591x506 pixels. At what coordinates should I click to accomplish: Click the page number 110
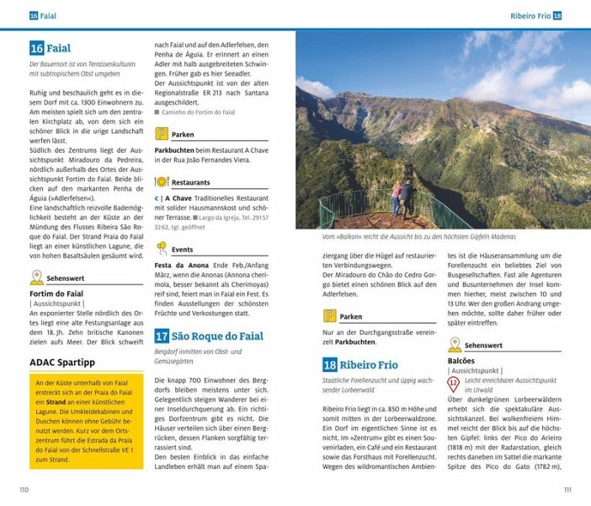click(x=24, y=489)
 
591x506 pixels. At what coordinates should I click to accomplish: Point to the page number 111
click(x=567, y=489)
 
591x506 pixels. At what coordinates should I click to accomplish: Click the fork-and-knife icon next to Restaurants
click(x=162, y=182)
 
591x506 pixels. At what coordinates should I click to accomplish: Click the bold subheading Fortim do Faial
click(x=58, y=294)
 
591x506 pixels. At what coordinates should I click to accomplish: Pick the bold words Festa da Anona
click(x=178, y=265)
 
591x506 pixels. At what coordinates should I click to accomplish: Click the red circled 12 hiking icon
click(x=454, y=383)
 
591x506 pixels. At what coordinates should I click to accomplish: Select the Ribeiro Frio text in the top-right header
click(x=530, y=16)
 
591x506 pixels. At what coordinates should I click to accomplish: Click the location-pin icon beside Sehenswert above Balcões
click(x=455, y=344)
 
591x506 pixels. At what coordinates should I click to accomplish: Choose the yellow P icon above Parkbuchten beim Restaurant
click(x=162, y=134)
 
